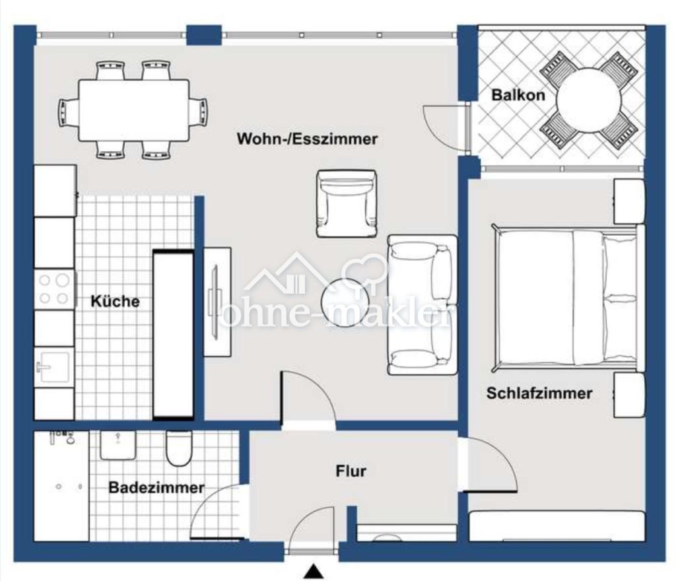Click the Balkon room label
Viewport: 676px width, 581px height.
tap(518, 95)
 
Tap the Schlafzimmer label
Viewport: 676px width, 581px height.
tap(539, 393)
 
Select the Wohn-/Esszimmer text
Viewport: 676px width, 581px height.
tap(307, 139)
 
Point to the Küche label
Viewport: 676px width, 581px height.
tap(115, 302)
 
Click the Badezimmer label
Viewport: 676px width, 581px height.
tap(156, 488)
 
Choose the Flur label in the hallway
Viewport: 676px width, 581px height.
tap(351, 471)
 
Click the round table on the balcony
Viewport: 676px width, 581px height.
tap(588, 101)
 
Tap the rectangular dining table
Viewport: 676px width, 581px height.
tap(133, 110)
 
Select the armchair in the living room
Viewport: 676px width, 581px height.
tap(346, 203)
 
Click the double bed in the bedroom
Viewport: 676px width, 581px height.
tap(566, 297)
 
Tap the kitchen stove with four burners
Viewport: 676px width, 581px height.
tap(54, 289)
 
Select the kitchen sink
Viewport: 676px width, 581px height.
tap(54, 366)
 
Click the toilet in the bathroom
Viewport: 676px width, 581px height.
tap(179, 449)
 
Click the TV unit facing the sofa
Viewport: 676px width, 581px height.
tap(217, 302)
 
